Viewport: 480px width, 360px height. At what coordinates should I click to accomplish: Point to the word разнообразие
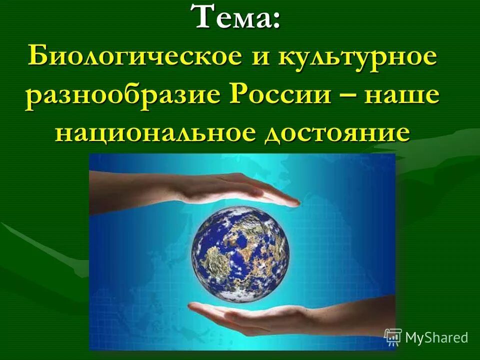[118, 94]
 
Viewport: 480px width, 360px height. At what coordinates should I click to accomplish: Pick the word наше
[397, 95]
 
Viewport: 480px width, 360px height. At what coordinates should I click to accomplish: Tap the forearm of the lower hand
[360, 312]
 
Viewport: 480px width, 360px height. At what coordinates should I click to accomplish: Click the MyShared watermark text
[436, 337]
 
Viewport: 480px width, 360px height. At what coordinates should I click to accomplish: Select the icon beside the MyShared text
[393, 337]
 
